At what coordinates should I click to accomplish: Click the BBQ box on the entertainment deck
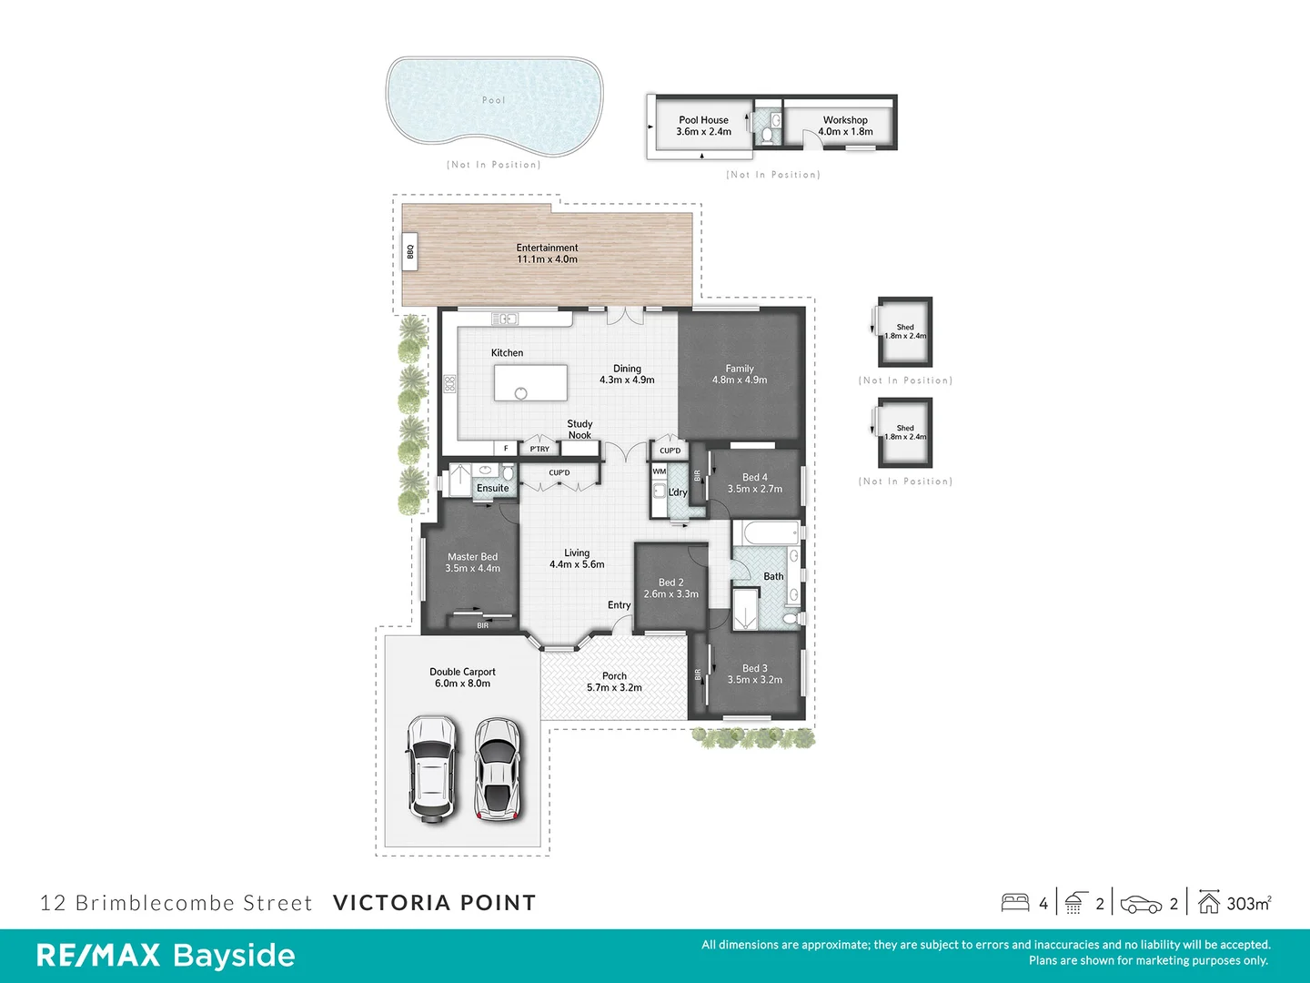click(x=410, y=252)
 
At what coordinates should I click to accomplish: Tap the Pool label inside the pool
click(x=493, y=100)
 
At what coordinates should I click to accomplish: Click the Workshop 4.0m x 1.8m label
click(x=845, y=126)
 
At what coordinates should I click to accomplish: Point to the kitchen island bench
click(x=530, y=382)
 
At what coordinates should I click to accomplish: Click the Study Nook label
click(x=579, y=430)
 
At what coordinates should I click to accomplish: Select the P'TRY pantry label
click(x=539, y=449)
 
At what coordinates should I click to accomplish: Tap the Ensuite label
click(x=493, y=489)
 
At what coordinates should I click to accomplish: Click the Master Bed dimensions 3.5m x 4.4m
click(x=472, y=569)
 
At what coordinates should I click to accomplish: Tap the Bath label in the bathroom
click(x=773, y=576)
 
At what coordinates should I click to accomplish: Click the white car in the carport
click(x=431, y=769)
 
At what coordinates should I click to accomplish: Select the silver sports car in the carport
click(x=498, y=769)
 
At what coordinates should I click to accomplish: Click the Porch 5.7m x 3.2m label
click(x=614, y=682)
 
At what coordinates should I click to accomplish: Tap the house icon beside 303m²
click(x=1208, y=902)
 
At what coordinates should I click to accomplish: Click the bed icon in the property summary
click(x=1015, y=902)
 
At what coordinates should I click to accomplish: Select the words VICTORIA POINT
click(x=434, y=903)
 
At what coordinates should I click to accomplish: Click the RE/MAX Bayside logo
click(x=166, y=956)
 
